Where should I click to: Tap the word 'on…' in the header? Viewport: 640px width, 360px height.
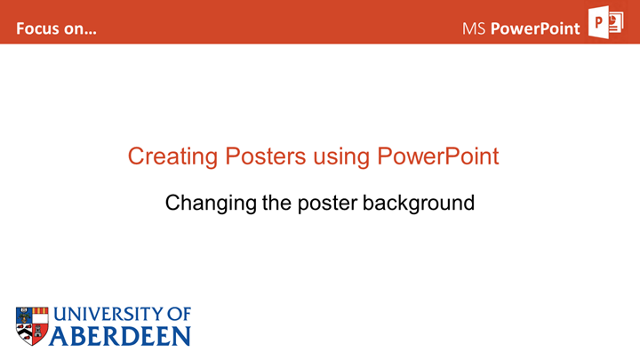click(x=82, y=29)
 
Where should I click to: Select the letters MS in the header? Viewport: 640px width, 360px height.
click(x=474, y=28)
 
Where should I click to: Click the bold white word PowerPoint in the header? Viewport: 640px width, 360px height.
click(x=535, y=28)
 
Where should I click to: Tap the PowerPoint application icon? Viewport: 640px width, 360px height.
click(x=605, y=22)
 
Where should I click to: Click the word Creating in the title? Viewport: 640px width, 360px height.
click(x=172, y=156)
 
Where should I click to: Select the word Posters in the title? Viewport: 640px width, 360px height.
click(x=265, y=156)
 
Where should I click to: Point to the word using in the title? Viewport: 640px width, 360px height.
click(x=341, y=157)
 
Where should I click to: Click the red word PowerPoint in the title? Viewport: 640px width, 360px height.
click(x=438, y=156)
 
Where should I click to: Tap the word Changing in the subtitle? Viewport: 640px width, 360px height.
click(x=211, y=204)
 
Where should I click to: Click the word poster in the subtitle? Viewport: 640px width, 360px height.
click(x=327, y=204)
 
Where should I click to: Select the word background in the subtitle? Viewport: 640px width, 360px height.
click(x=419, y=204)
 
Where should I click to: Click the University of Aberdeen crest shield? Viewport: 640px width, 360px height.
click(x=32, y=326)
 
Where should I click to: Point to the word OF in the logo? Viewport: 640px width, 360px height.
click(x=180, y=315)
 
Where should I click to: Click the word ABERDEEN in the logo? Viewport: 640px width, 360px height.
click(x=120, y=336)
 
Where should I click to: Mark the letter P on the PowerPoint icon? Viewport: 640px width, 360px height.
click(x=598, y=22)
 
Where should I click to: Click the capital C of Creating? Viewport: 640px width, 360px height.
click(x=137, y=156)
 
